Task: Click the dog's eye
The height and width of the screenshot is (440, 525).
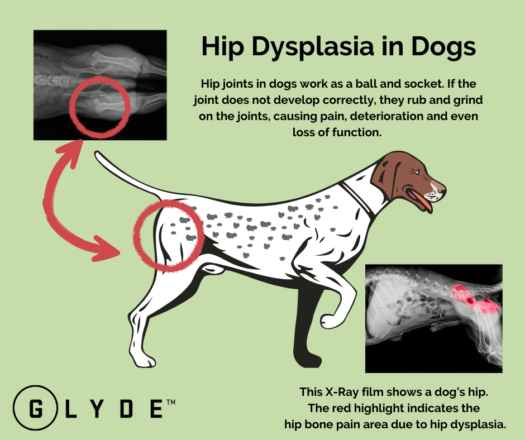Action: coord(414,171)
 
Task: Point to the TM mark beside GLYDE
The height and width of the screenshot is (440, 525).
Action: coord(171,401)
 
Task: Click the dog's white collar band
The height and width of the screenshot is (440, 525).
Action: coord(357,195)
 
